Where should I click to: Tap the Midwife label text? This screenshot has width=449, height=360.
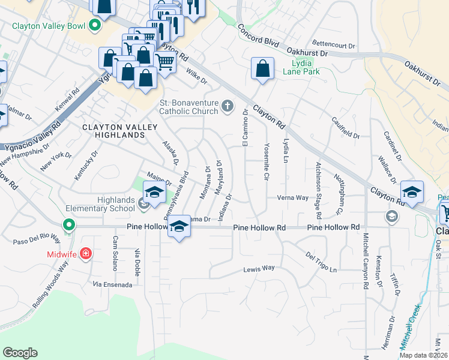[x=62, y=254]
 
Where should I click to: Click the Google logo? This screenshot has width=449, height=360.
[x=20, y=353]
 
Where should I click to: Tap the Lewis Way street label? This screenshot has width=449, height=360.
[x=259, y=269]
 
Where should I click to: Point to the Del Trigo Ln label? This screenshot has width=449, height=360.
[x=321, y=262]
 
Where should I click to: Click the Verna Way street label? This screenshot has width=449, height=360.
[x=292, y=197]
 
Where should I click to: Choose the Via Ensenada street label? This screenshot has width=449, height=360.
[x=112, y=284]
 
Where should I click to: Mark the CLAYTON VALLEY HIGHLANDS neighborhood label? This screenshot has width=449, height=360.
[x=113, y=131]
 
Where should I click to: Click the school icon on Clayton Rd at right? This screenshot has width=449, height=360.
[x=412, y=192]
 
